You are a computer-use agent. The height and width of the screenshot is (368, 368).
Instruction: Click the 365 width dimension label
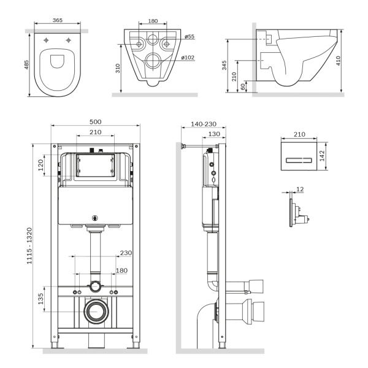click(57, 20)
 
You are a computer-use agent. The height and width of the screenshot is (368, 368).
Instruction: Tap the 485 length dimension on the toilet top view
click(26, 64)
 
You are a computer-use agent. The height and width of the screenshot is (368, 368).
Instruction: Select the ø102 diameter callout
click(189, 58)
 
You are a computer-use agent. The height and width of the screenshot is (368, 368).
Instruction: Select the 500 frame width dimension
click(95, 121)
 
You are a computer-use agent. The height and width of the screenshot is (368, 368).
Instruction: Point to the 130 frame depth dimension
click(213, 134)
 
